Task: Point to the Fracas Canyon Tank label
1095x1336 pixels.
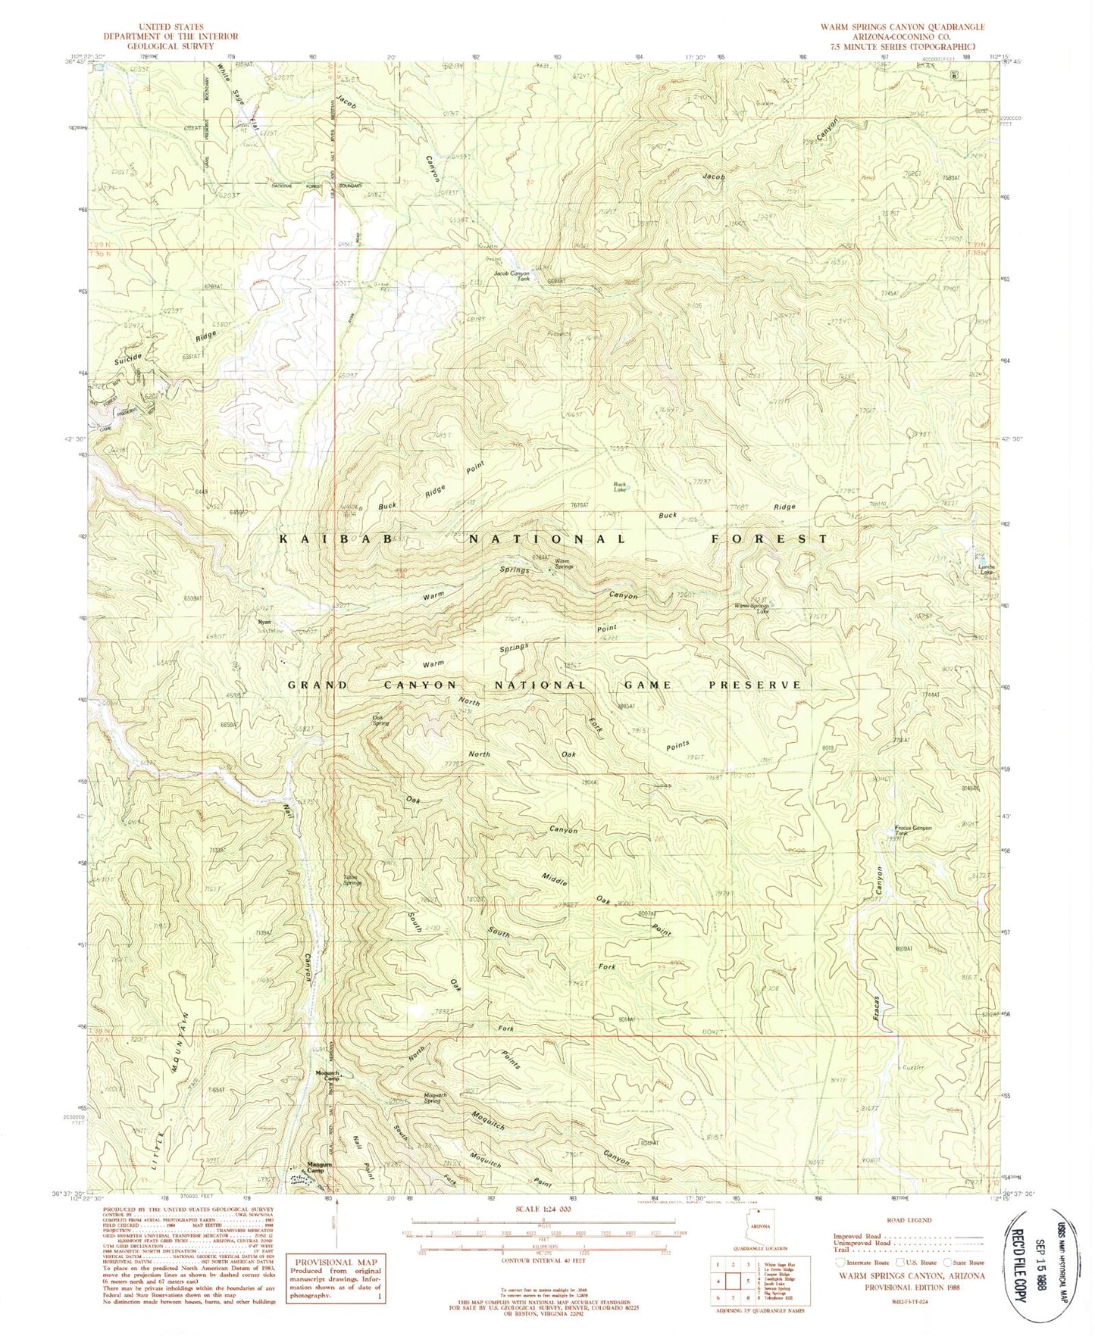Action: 912,830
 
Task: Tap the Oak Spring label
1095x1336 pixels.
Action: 380,720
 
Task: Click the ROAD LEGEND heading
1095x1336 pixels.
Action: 912,1221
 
